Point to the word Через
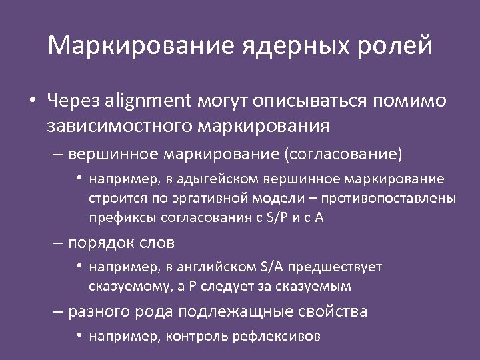70,101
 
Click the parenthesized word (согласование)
343,155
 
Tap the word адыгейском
224,179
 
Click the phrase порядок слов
122,243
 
